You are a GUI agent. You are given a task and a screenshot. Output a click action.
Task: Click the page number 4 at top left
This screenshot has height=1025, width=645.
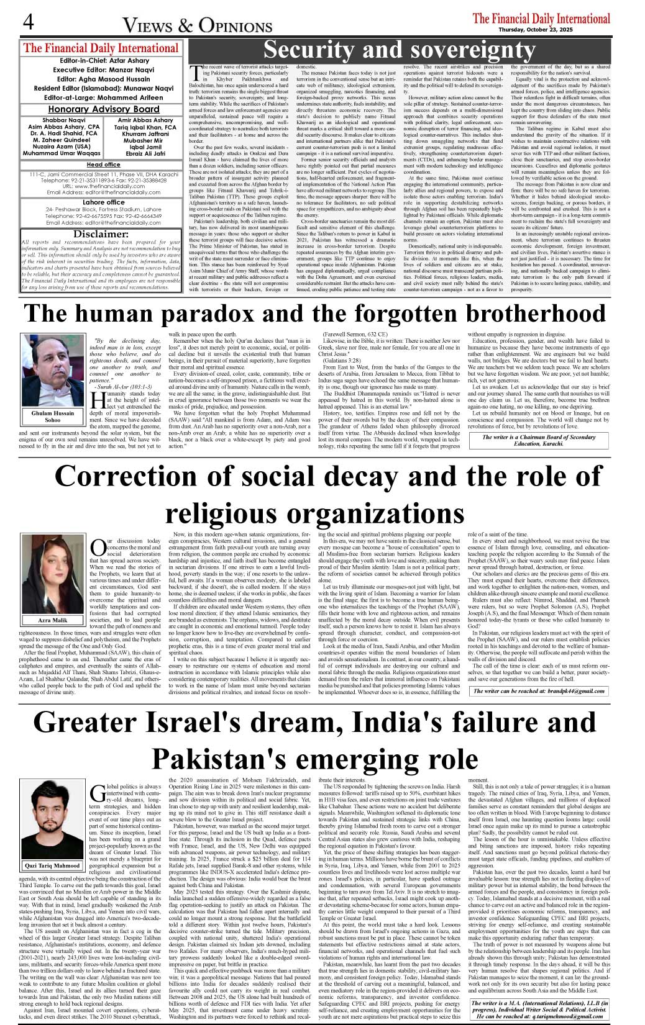(28, 23)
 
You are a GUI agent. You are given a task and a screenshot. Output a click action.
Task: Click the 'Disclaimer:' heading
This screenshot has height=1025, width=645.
(101, 234)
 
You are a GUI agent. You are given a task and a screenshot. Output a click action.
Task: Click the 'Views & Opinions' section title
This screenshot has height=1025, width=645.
(197, 26)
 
